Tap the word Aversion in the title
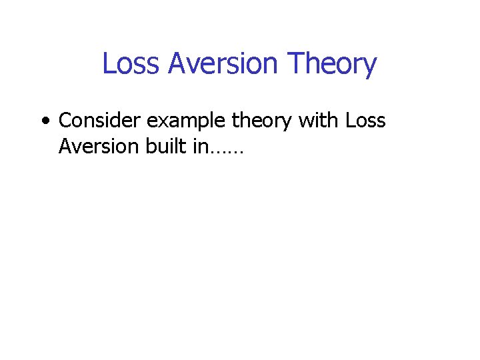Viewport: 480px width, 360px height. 223,64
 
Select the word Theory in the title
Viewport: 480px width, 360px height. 332,64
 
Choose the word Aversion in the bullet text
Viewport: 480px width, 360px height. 98,146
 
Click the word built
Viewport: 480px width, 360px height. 165,146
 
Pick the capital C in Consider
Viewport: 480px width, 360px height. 65,121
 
